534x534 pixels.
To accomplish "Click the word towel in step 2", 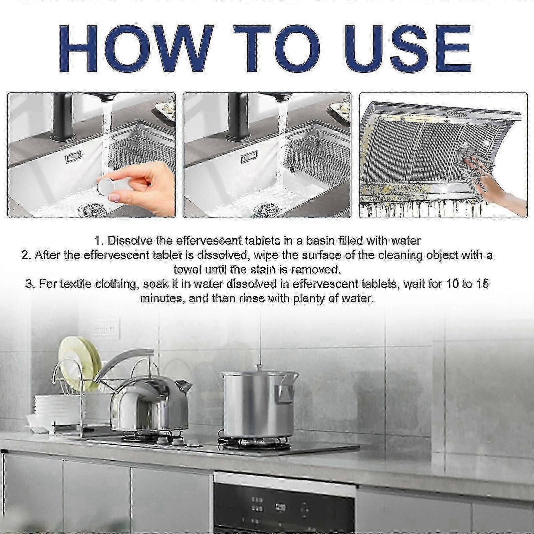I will pos(187,269).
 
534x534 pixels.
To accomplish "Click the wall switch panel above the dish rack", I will pos(106,328).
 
